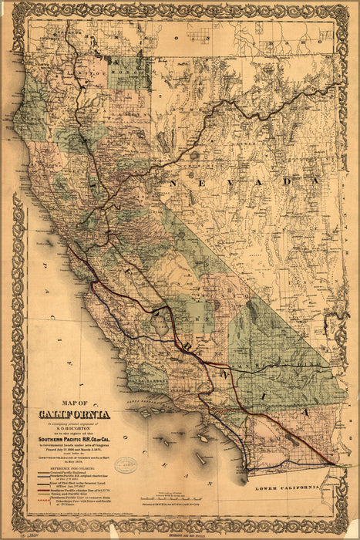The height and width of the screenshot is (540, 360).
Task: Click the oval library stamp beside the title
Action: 126,466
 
